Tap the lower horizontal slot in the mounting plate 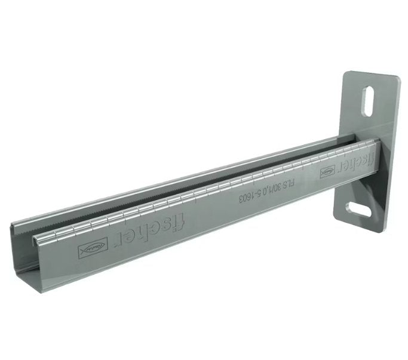tap(360, 210)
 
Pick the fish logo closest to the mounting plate tap(327, 173)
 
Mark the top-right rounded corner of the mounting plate tap(395, 78)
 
